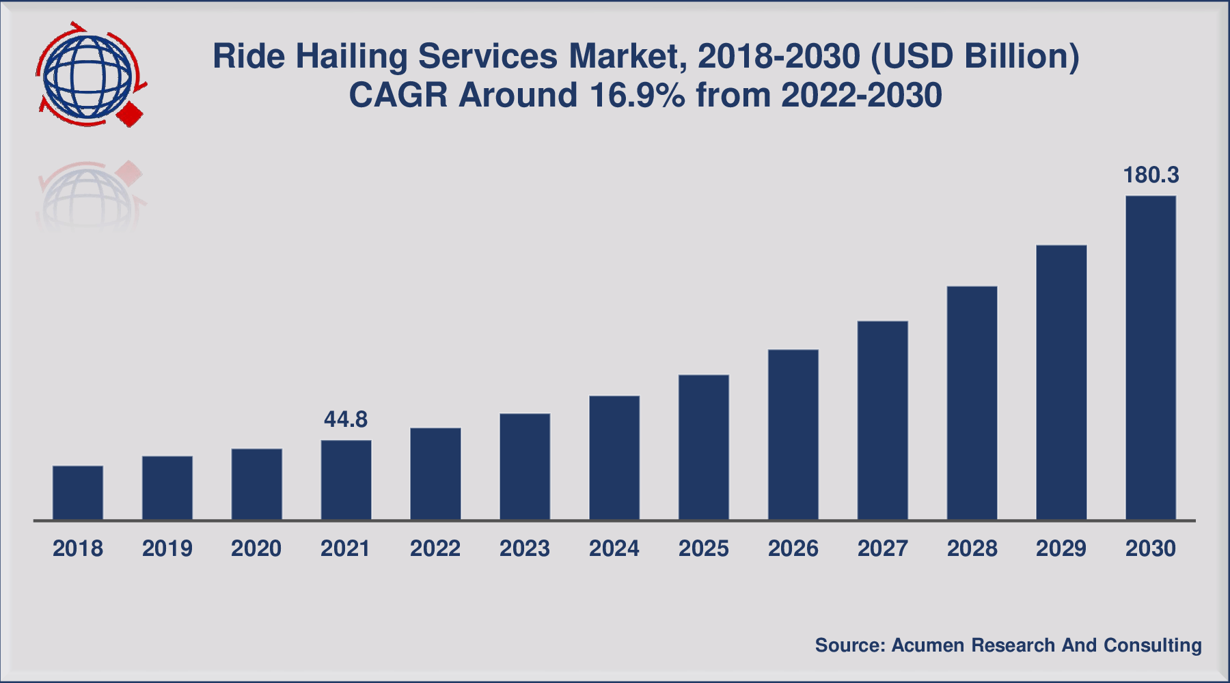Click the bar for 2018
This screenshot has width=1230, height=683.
78,493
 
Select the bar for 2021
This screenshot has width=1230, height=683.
346,480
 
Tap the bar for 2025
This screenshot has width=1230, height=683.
704,447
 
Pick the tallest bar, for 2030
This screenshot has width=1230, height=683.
1151,358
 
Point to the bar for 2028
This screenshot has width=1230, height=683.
972,403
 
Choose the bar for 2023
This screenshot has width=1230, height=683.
525,466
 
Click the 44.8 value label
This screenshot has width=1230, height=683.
346,419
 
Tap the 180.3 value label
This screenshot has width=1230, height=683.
1151,176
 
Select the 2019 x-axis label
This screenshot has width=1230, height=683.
167,548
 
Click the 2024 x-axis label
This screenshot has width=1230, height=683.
614,548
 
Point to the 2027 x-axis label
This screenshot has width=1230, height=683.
882,548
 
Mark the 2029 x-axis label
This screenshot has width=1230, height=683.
1061,548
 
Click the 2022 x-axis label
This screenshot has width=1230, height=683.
435,548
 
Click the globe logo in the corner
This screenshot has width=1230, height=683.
87,75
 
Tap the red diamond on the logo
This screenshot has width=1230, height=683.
130,114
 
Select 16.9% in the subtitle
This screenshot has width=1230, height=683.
637,95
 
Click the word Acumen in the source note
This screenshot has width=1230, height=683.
927,645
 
